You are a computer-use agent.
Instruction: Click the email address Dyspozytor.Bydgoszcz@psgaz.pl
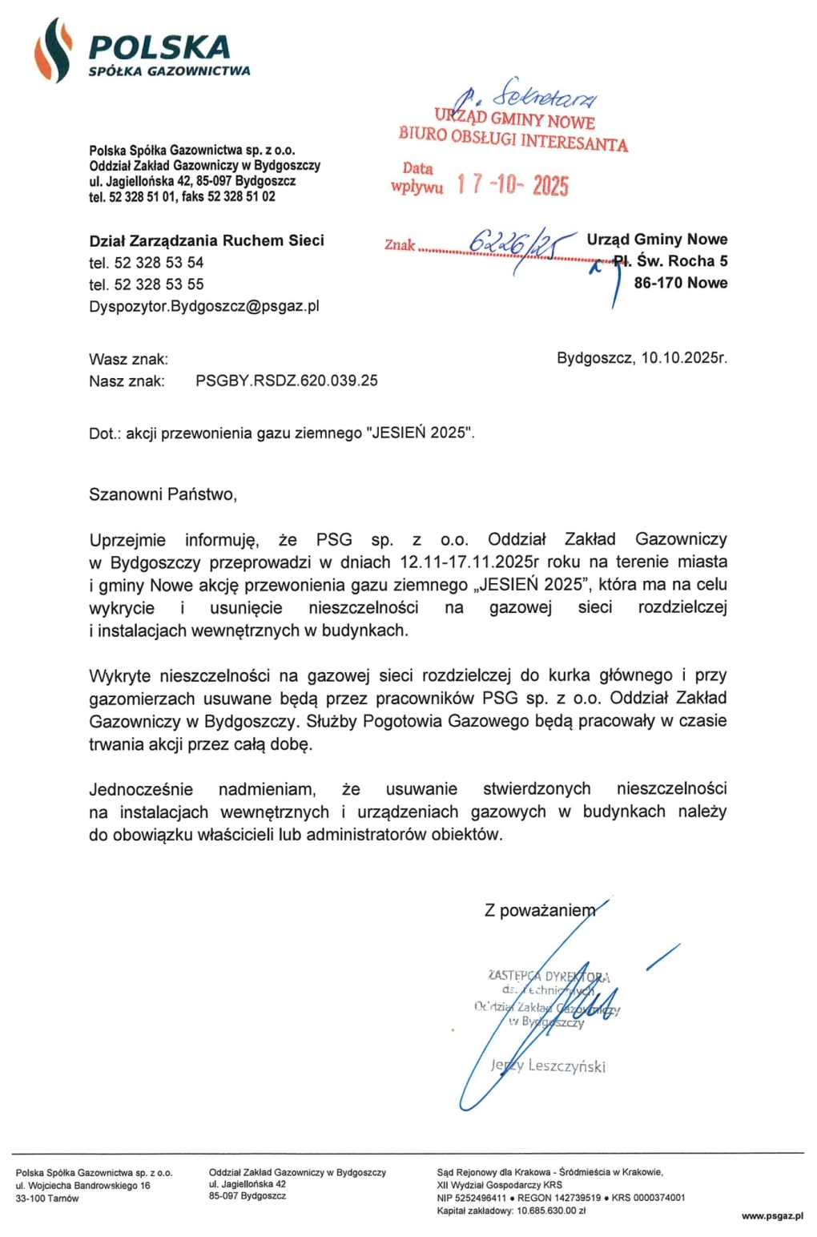pyautogui.click(x=204, y=306)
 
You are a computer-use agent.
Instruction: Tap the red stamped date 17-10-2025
pyautogui.click(x=513, y=185)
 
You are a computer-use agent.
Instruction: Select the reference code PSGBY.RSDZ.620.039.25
pyautogui.click(x=287, y=381)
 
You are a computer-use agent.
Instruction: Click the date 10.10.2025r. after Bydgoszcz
pyautogui.click(x=684, y=358)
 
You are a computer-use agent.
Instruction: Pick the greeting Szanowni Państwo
pyautogui.click(x=163, y=494)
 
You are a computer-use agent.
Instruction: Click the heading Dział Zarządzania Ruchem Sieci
pyautogui.click(x=207, y=240)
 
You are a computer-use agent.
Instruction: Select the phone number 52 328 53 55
pyautogui.click(x=159, y=284)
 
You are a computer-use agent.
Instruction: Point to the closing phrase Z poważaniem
pyautogui.click(x=540, y=910)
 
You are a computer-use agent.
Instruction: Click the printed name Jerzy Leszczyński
pyautogui.click(x=548, y=1066)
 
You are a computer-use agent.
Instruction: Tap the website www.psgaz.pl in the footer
pyautogui.click(x=772, y=1216)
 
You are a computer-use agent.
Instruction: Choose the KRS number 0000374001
pyautogui.click(x=659, y=1198)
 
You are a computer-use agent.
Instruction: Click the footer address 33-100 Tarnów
pyautogui.click(x=47, y=1199)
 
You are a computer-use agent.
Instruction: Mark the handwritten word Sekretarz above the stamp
pyautogui.click(x=545, y=96)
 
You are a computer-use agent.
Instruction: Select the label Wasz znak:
pyautogui.click(x=128, y=359)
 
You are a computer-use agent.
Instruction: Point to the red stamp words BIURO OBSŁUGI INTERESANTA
pyautogui.click(x=513, y=139)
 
